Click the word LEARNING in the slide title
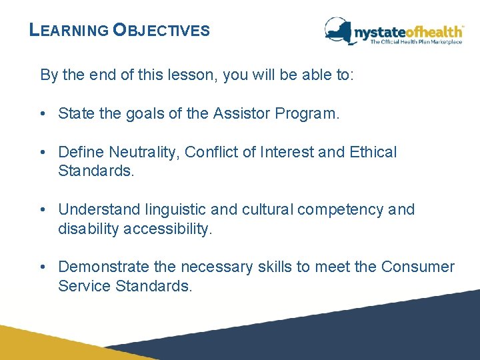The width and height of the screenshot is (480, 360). [x=69, y=31]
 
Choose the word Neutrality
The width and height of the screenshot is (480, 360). [x=138, y=152]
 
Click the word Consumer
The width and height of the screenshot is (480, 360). [x=417, y=267]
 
